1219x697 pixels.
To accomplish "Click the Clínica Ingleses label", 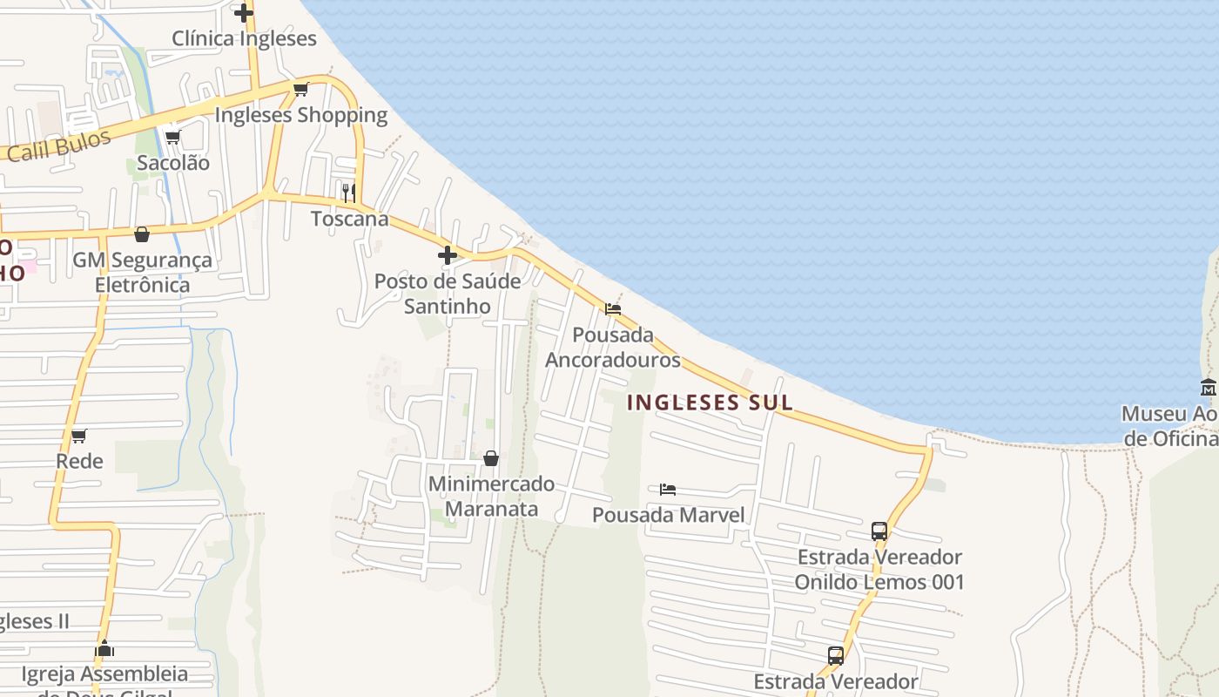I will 244,38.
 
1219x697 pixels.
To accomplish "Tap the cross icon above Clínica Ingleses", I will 244,12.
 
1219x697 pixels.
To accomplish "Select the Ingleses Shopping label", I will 300,115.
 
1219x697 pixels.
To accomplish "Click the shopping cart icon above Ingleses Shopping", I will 301,89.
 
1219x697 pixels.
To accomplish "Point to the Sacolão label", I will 172,163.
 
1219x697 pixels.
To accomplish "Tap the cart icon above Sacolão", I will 172,137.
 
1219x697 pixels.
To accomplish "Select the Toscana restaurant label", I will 350,219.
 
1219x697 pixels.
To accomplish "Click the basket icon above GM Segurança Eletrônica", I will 142,234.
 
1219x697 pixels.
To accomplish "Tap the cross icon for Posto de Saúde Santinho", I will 448,255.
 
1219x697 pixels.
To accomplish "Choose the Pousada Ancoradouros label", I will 613,347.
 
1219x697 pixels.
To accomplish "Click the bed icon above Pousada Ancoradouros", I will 613,308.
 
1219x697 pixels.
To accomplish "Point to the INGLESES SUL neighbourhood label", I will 710,403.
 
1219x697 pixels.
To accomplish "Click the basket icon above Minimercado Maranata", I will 491,458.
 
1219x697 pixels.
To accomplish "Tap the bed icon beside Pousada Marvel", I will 668,490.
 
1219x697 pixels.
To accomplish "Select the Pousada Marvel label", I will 669,515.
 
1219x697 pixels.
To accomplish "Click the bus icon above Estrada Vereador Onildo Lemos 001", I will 879,531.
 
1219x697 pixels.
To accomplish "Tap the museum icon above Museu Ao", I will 1209,388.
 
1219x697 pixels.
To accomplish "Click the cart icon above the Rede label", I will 79,436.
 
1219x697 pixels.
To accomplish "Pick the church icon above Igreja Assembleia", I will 104,649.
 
